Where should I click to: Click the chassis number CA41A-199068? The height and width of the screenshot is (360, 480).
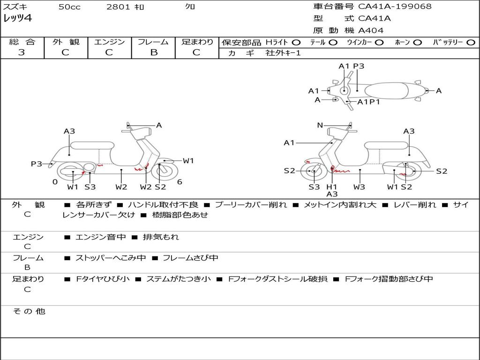[x=395, y=7]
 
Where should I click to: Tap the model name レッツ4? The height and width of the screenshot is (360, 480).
[x=17, y=18]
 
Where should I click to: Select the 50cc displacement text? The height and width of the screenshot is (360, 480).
[x=69, y=7]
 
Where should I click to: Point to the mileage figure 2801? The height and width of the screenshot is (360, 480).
[x=118, y=7]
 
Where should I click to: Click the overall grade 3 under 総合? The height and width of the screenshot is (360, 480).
[x=22, y=52]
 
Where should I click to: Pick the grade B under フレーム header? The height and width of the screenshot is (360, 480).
[x=154, y=52]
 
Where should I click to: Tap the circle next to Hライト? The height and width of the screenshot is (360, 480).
[x=296, y=43]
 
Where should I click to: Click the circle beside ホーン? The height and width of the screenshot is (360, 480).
[x=417, y=43]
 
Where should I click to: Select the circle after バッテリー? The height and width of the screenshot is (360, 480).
[x=471, y=43]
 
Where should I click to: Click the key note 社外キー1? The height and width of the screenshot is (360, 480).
[x=283, y=53]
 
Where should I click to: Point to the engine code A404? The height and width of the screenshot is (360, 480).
[x=371, y=30]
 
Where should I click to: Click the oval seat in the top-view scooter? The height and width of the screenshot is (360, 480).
[x=386, y=90]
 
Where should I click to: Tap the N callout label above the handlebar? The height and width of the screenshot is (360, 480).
[x=320, y=125]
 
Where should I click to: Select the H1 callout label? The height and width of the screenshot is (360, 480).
[x=331, y=187]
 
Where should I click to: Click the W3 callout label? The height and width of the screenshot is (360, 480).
[x=359, y=187]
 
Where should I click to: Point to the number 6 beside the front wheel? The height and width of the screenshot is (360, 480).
[x=180, y=182]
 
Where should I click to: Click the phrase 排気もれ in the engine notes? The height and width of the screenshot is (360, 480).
[x=161, y=237]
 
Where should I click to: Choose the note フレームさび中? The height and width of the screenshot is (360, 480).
[x=190, y=258]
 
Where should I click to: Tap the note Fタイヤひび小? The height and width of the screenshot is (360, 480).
[x=103, y=279]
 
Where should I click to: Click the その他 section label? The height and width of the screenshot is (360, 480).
[x=29, y=311]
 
